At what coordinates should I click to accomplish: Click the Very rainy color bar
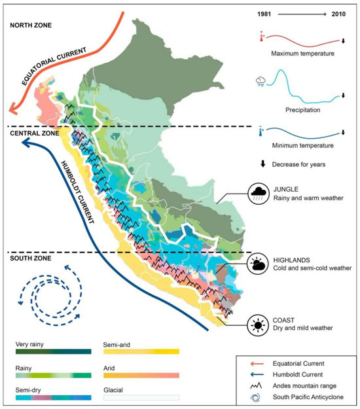53,352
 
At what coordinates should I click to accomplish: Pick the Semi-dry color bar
53,397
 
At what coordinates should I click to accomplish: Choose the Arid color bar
141,374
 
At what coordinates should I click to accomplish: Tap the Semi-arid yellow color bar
141,352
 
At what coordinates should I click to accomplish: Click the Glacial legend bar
141,397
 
